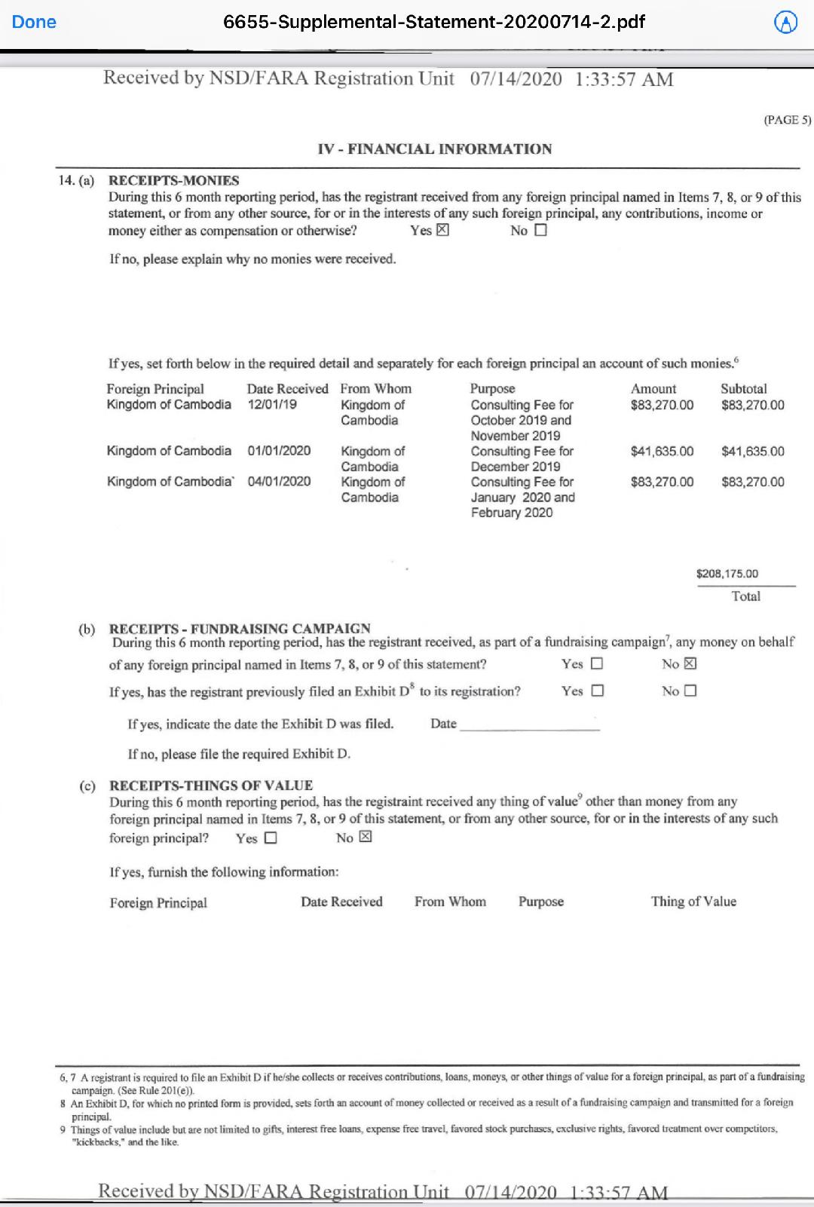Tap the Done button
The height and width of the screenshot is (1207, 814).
coord(34,22)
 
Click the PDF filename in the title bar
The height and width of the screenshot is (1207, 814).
coord(433,22)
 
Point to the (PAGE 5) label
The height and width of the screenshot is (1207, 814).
coord(787,120)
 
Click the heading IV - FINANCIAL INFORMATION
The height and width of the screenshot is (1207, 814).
coord(434,149)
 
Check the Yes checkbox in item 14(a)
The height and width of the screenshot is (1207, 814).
coord(442,231)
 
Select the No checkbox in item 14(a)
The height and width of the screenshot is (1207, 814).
coord(540,231)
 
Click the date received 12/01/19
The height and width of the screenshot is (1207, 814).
coord(272,405)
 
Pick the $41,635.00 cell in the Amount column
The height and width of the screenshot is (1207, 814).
coord(662,452)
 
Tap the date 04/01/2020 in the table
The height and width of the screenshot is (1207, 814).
coord(279,482)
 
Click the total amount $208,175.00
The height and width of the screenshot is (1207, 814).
coord(727,574)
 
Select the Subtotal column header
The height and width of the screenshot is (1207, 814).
coord(743,389)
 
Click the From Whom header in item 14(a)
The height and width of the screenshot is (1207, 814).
coord(375,389)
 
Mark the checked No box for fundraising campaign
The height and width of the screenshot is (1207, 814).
coord(690,664)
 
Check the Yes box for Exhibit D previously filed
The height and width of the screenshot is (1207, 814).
coord(598,691)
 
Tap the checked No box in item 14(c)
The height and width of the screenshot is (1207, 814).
coord(366,838)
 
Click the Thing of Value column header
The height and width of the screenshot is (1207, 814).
coord(693,902)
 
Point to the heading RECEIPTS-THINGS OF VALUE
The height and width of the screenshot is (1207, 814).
coord(211,786)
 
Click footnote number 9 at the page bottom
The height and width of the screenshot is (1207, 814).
coord(63,1129)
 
